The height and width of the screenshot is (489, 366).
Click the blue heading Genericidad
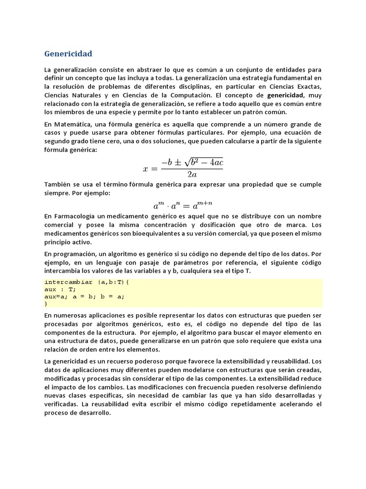click(68, 53)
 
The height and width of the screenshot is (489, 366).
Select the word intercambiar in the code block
click(69, 282)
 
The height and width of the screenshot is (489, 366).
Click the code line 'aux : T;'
click(61, 289)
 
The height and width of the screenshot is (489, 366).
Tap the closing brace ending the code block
click(46, 303)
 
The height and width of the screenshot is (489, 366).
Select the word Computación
click(185, 95)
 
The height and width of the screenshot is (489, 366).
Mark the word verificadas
click(61, 404)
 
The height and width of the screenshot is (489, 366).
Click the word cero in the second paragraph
click(128, 141)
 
